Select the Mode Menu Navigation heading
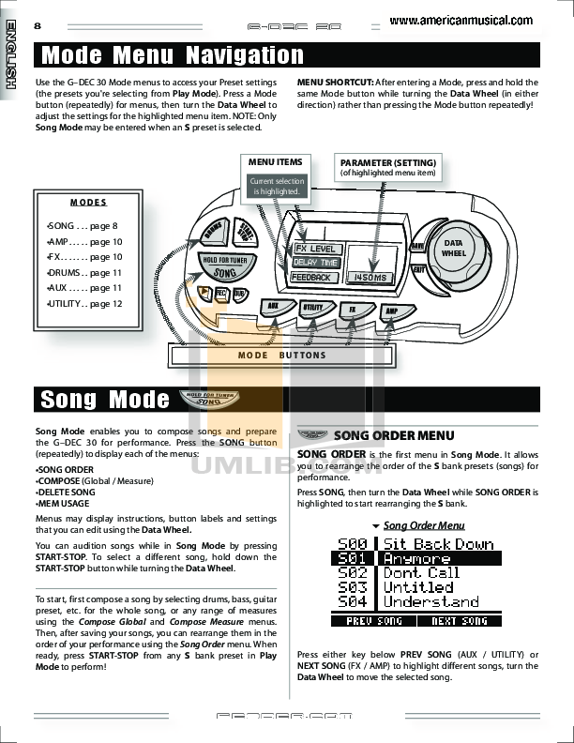pos(173,55)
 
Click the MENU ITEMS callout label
pos(275,162)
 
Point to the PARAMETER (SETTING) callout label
pos(387,162)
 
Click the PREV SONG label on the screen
pos(372,621)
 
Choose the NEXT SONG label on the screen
pos(460,621)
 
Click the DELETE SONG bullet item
pos(66,492)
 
